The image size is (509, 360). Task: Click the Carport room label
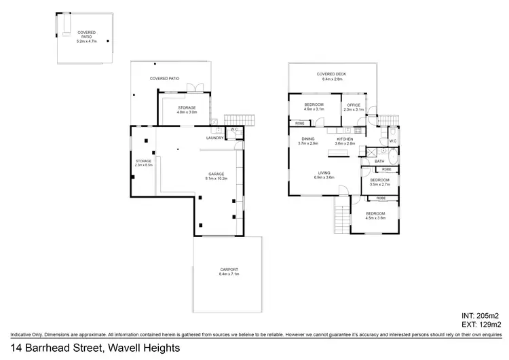coord(229,271)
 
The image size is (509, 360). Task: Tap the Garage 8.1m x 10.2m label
coord(216,177)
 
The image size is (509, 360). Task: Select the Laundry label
coord(214,139)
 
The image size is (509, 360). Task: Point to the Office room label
coord(354,107)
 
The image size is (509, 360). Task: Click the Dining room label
coord(308,141)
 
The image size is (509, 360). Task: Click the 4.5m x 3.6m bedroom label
coord(375,215)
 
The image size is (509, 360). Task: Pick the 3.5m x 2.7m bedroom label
coord(379,182)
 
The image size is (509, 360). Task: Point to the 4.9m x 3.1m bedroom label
coord(314,107)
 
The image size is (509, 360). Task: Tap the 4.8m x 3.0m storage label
coord(187,110)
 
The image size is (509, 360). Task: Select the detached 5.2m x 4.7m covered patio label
coord(86,36)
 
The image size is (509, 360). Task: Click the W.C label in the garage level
coord(233,130)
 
